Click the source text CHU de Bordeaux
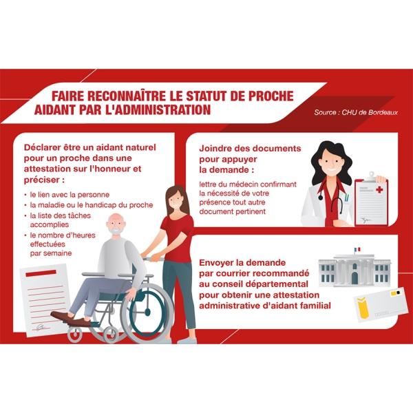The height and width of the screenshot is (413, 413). [356, 112]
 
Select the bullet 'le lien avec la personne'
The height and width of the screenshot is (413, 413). [69, 195]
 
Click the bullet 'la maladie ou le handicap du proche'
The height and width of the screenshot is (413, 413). [91, 205]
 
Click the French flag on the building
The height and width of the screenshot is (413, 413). [357, 251]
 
